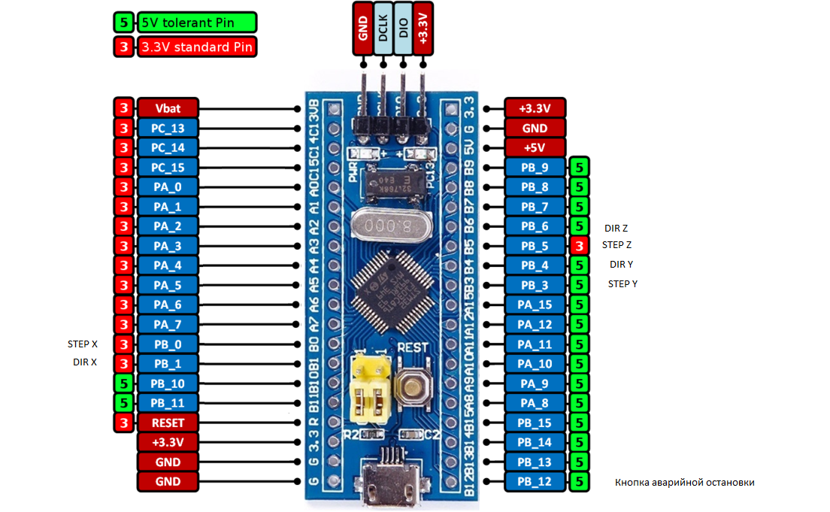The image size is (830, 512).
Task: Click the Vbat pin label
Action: click(168, 108)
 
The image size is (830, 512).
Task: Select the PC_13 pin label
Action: click(168, 128)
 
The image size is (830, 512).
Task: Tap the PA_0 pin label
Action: click(168, 186)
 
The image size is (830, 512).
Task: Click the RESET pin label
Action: click(168, 423)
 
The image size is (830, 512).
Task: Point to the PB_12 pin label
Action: click(535, 481)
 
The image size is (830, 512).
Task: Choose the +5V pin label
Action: click(535, 147)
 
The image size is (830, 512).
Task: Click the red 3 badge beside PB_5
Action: click(578, 245)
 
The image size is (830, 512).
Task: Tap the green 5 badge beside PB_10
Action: click(123, 383)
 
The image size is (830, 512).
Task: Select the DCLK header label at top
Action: click(383, 29)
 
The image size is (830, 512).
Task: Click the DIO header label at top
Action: click(403, 29)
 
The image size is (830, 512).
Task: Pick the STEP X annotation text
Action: click(83, 344)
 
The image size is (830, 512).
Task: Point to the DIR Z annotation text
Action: click(616, 227)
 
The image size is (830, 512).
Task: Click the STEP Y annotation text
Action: click(622, 284)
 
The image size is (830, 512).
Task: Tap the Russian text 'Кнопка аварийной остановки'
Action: click(684, 483)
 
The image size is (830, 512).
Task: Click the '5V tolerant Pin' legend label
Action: click(197, 23)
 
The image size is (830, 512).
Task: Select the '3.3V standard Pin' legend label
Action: click(197, 47)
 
